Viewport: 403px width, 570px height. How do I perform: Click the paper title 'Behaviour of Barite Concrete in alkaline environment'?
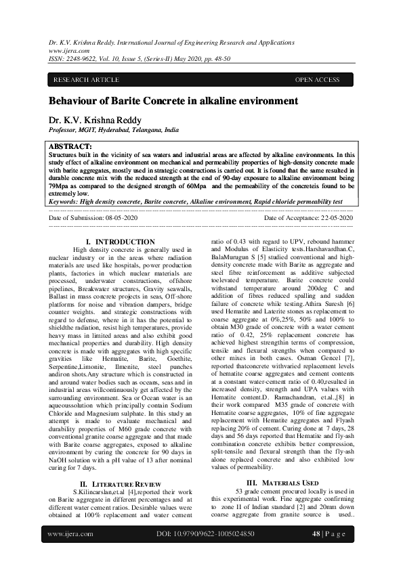click(x=173, y=102)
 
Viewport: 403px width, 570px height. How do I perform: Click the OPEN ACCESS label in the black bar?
click(x=317, y=80)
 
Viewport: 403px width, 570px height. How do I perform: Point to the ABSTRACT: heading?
click(x=70, y=147)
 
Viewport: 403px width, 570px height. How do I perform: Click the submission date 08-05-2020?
click(x=118, y=218)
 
